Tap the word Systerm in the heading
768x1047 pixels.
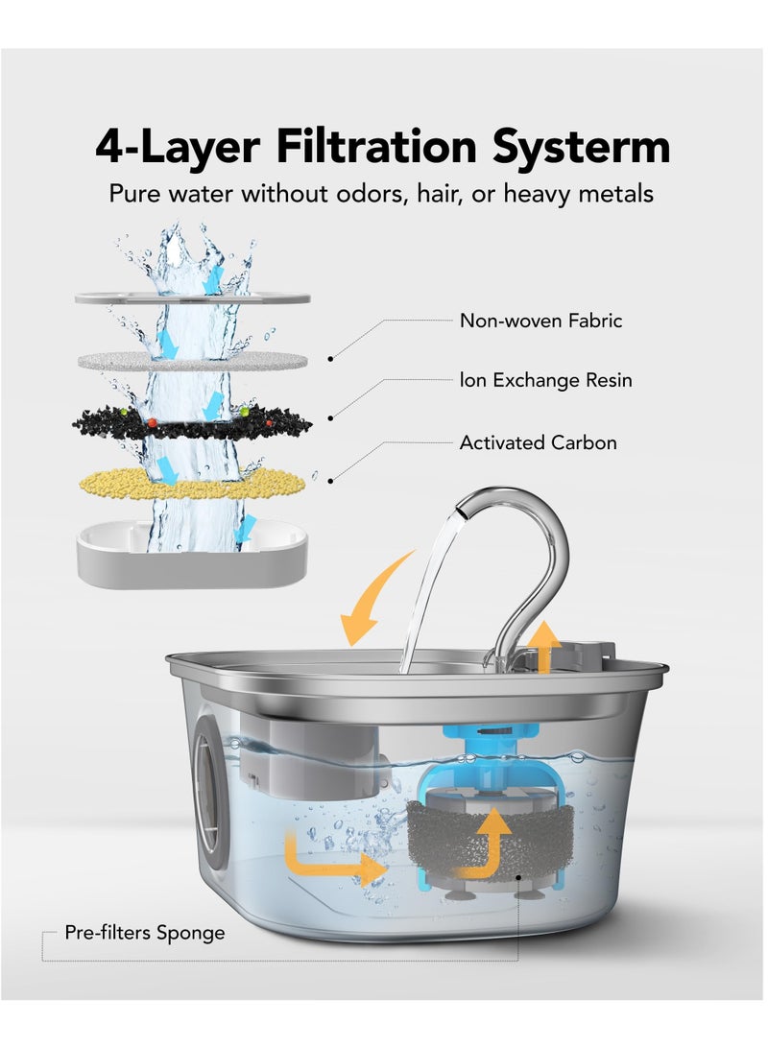pyautogui.click(x=581, y=147)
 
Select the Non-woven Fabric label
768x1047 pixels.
pyautogui.click(x=540, y=321)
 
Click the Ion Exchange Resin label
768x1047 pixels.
pyautogui.click(x=545, y=380)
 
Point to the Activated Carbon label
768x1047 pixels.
pyautogui.click(x=539, y=442)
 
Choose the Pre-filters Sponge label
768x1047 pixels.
pyautogui.click(x=145, y=932)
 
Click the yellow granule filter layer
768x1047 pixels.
pyautogui.click(x=192, y=484)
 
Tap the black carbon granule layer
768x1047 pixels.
pyautogui.click(x=192, y=422)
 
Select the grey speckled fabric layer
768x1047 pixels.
pyautogui.click(x=192, y=362)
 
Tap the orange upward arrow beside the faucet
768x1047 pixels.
pyautogui.click(x=546, y=647)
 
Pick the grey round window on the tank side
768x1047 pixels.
pyautogui.click(x=208, y=793)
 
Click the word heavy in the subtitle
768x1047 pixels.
pyautogui.click(x=538, y=194)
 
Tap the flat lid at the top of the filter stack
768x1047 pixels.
pyautogui.click(x=192, y=297)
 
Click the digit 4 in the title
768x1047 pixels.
pyautogui.click(x=110, y=147)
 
